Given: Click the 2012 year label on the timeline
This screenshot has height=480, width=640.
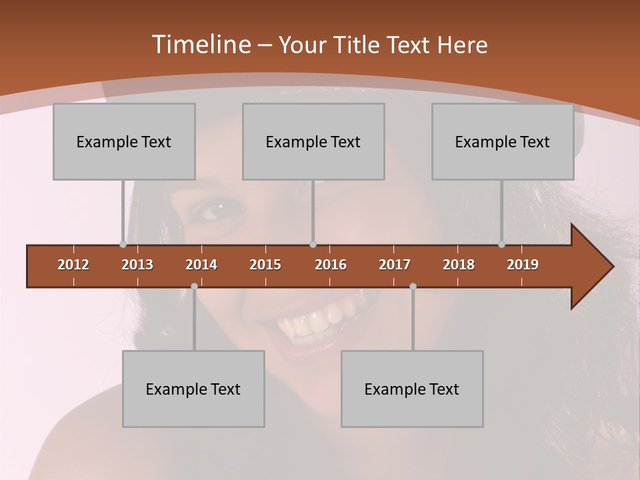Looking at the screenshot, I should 73,265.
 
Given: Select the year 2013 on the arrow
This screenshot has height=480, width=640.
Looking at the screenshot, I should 137,265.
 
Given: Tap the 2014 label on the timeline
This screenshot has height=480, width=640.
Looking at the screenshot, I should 201,265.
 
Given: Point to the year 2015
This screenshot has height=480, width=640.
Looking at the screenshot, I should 265,265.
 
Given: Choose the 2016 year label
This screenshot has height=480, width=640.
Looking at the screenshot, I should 331,265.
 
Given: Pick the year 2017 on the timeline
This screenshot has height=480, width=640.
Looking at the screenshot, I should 395,265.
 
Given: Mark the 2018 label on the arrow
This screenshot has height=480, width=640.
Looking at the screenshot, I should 459,265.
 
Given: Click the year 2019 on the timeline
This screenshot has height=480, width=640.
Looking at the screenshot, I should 523,265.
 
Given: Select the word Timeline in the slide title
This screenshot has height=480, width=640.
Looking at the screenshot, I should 200,45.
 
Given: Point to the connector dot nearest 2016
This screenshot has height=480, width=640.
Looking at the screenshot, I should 313,245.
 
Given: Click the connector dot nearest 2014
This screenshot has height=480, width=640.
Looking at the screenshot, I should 194,286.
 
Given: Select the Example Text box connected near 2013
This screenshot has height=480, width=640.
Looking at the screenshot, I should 124,141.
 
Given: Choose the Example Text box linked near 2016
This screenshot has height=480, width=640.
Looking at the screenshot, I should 313,141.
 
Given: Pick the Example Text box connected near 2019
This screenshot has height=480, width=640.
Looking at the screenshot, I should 503,141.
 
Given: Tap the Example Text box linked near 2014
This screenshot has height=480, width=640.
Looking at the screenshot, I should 193,389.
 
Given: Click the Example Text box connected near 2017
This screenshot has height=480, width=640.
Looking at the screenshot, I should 412,389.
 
